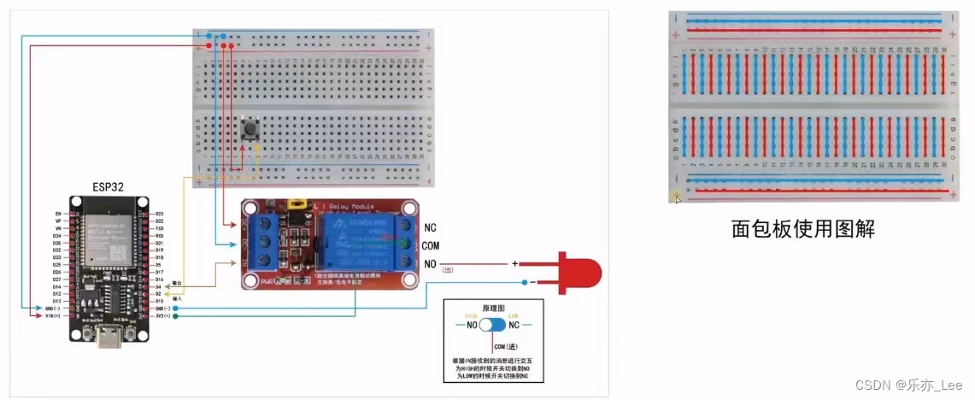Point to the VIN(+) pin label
[x=52, y=315]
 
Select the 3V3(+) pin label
[x=160, y=315]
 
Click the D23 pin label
[x=159, y=213]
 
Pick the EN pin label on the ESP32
[x=58, y=213]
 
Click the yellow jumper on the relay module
[x=299, y=205]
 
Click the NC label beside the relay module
[x=430, y=228]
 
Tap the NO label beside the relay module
[x=430, y=263]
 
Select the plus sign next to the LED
[x=515, y=263]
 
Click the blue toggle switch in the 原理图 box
[x=493, y=325]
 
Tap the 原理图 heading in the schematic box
[x=492, y=306]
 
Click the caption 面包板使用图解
[x=803, y=229]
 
